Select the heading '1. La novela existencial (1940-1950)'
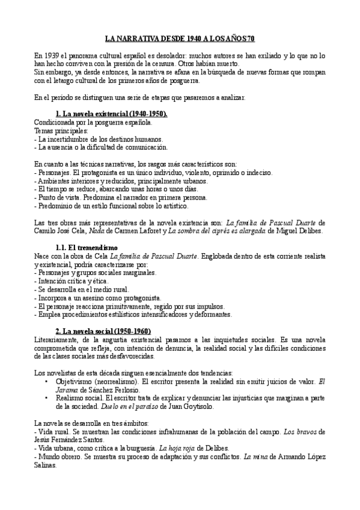coord(111,113)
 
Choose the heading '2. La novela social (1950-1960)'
coord(103,331)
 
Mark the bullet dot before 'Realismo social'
coord(47,398)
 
